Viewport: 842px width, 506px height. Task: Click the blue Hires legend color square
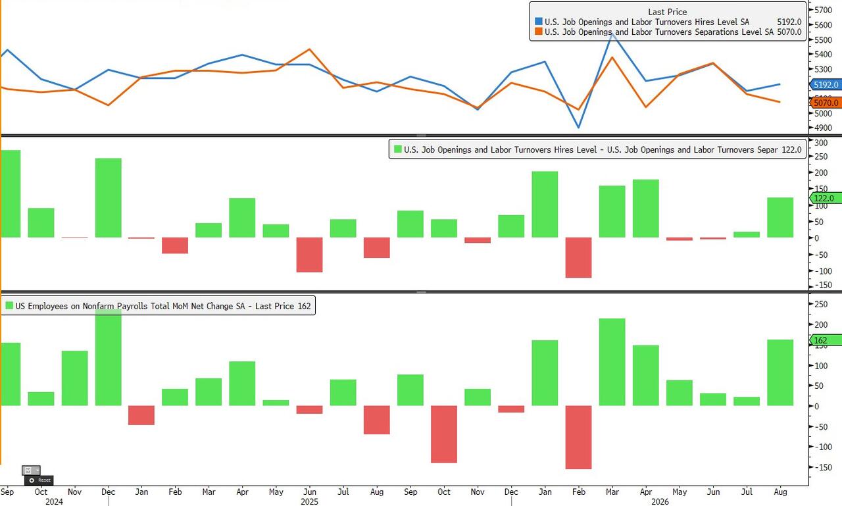(538, 22)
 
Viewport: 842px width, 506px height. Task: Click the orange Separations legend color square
(538, 32)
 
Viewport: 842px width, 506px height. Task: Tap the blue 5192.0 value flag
(826, 85)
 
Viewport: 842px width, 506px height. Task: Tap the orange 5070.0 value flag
(826, 103)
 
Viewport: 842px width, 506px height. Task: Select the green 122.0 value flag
(826, 198)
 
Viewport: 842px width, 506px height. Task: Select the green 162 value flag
(826, 340)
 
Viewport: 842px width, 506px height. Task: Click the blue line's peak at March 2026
(612, 34)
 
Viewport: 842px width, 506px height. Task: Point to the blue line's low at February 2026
(578, 128)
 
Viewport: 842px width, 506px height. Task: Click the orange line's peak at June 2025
(309, 49)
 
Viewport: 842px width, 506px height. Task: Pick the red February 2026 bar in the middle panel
(578, 257)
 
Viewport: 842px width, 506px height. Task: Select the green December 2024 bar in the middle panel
(109, 198)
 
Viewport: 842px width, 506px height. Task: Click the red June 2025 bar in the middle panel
(309, 255)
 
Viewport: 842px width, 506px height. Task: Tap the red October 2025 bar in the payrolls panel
(444, 434)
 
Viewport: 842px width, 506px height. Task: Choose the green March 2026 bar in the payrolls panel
(612, 362)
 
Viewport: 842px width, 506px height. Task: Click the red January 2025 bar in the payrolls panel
(141, 415)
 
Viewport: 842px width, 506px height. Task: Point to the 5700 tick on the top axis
(823, 10)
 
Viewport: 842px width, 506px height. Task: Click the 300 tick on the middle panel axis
(821, 143)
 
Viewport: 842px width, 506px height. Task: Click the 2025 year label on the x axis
(309, 501)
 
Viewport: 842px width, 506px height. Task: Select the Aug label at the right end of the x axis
(780, 492)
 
